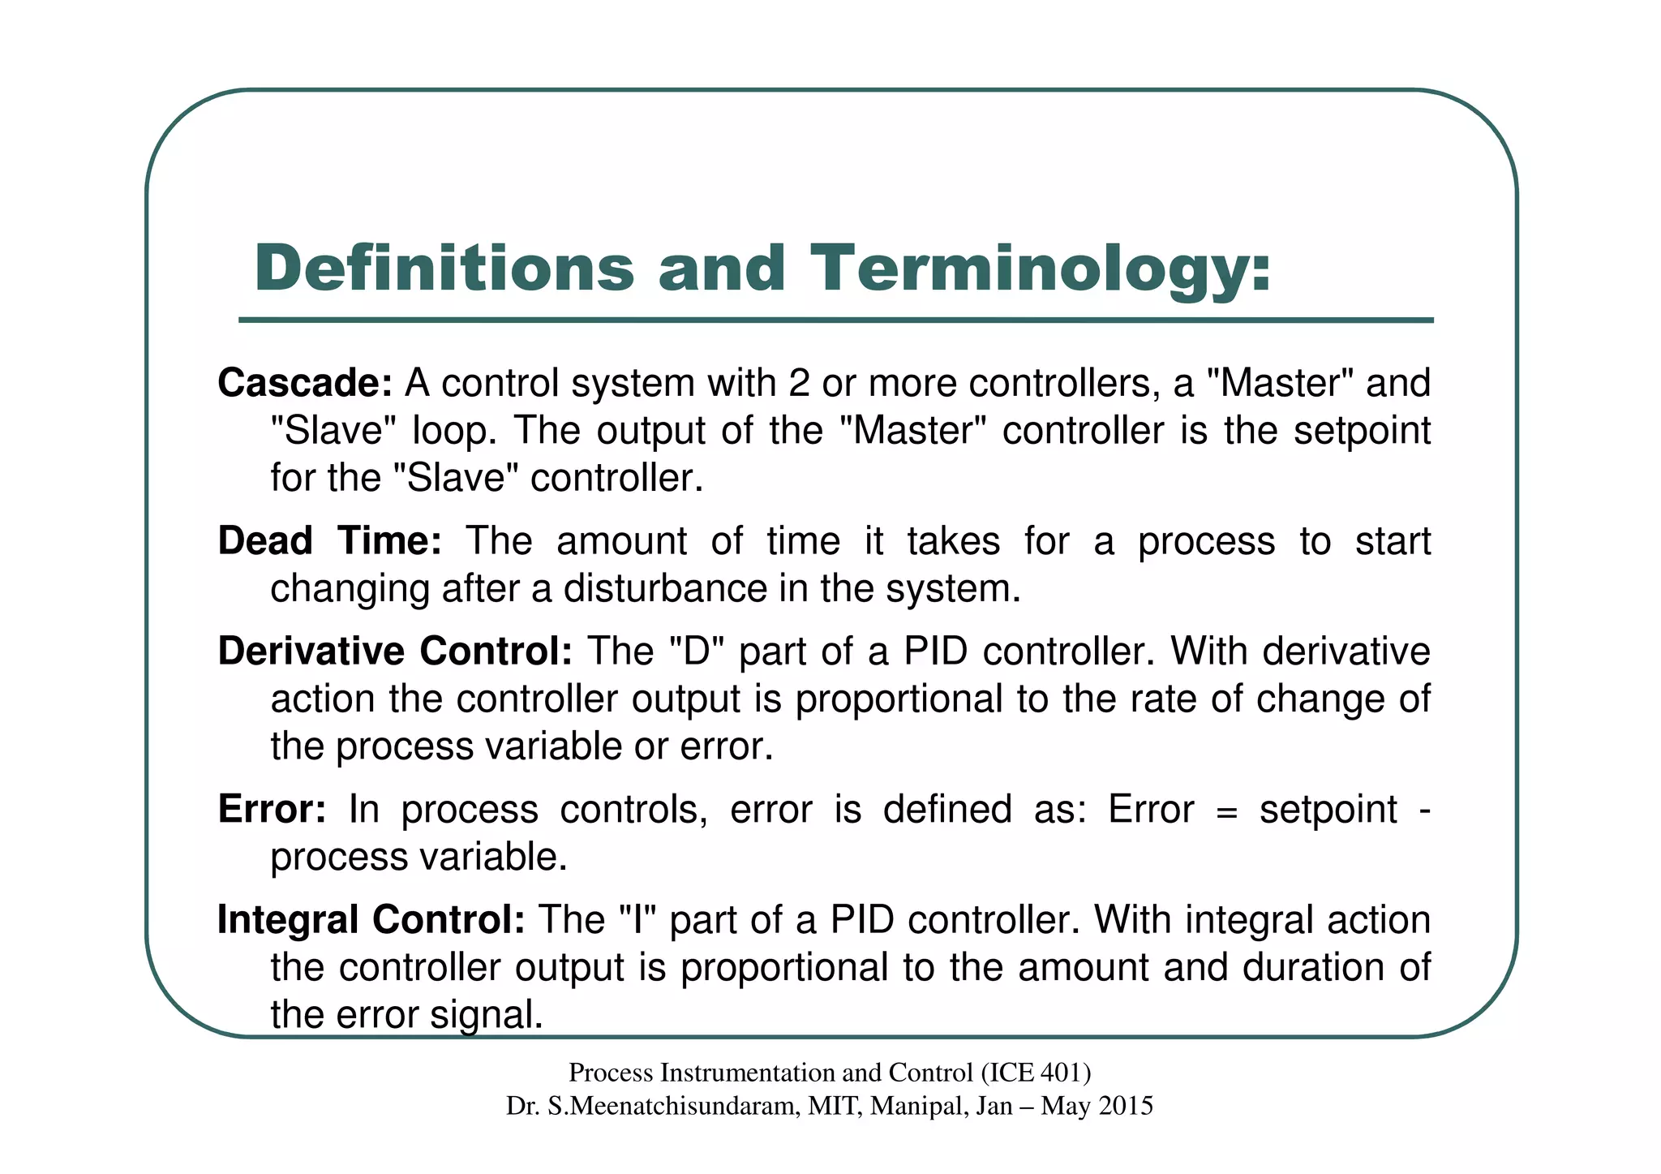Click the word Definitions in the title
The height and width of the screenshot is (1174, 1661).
[x=444, y=269]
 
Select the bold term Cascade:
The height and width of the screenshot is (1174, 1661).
[x=305, y=383]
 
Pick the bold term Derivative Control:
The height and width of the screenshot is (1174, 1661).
[x=395, y=652]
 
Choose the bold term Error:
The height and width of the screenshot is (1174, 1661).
[x=272, y=810]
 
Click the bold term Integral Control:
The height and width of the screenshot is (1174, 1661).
[x=371, y=920]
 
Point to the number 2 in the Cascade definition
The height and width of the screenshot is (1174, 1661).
[x=799, y=383]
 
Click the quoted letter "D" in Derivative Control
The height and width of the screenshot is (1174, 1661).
[x=697, y=652]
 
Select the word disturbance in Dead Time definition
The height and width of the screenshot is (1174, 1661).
[x=665, y=588]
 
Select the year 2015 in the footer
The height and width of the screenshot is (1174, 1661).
[x=1124, y=1106]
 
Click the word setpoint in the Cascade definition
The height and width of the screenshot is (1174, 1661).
[x=1362, y=430]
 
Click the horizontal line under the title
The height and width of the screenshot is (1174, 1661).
[x=835, y=320]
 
